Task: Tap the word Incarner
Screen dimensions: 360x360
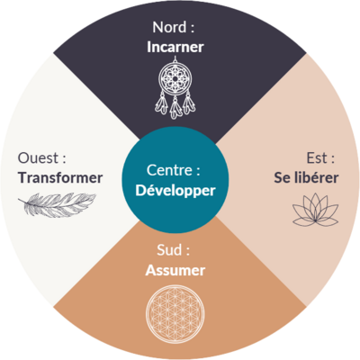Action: [x=175, y=47]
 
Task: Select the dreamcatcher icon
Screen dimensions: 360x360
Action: [x=175, y=87]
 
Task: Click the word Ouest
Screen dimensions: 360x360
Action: [x=38, y=157]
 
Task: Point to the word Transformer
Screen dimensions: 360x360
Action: [x=60, y=177]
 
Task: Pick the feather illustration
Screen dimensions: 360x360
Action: [x=57, y=204]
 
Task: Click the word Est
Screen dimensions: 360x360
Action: [x=316, y=158]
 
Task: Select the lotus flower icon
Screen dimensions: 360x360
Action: [x=315, y=210]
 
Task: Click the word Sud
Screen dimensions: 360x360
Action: [x=169, y=250]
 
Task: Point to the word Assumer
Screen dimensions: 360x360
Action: [x=175, y=270]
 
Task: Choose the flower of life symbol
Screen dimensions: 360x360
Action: [x=175, y=314]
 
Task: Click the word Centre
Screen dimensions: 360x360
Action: [x=169, y=170]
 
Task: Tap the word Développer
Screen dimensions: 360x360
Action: [x=175, y=191]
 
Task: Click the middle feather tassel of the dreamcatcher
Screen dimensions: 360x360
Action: [x=175, y=107]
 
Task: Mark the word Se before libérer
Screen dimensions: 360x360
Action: [x=282, y=177]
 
